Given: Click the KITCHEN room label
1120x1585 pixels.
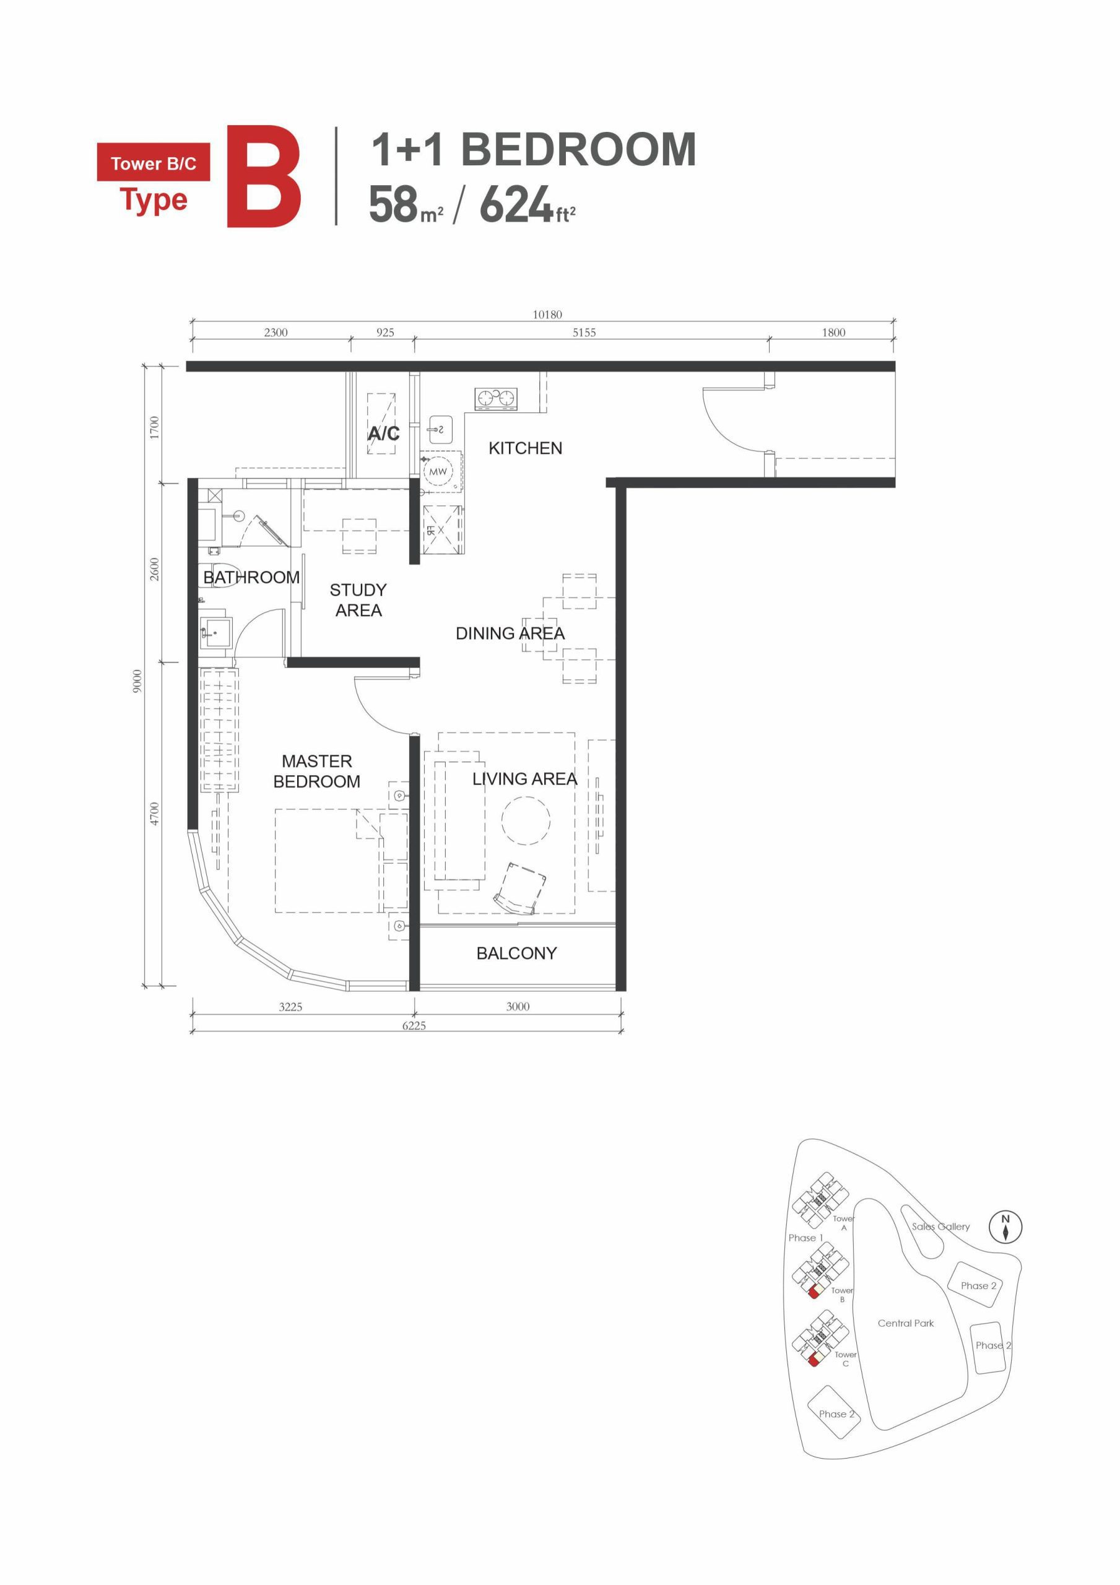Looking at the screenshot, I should click(x=525, y=448).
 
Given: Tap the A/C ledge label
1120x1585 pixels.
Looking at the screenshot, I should click(x=383, y=433).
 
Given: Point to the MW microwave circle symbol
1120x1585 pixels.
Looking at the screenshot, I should click(x=438, y=472).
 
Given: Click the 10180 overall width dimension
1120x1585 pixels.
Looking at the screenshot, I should click(x=547, y=314).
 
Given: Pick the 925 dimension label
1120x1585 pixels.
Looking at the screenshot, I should click(x=384, y=332).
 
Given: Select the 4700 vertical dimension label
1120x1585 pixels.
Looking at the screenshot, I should click(x=155, y=813).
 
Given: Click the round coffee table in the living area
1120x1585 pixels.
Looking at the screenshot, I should click(x=526, y=821).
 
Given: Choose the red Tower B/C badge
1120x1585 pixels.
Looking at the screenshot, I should click(x=154, y=163).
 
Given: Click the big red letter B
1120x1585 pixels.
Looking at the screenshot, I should click(x=264, y=176).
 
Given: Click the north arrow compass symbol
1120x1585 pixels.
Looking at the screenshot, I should click(x=1005, y=1227).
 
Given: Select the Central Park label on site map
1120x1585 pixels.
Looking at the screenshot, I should click(x=905, y=1323).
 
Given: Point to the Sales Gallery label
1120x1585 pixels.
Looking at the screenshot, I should click(x=940, y=1227).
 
